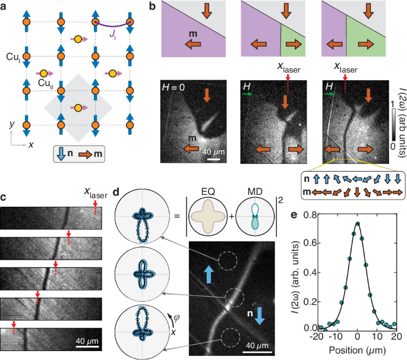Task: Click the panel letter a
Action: point(5,7)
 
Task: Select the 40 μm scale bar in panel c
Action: point(86,346)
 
